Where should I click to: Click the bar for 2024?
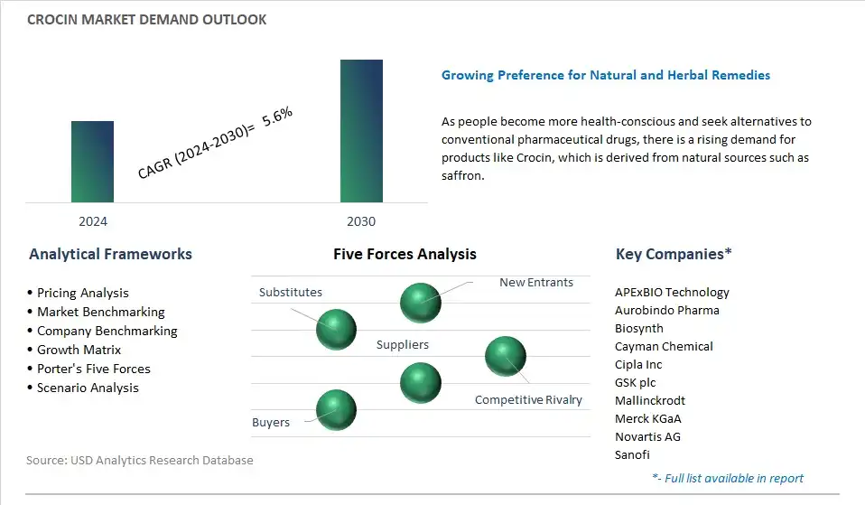[92, 162]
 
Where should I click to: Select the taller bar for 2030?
[361, 131]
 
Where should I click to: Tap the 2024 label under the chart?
[93, 221]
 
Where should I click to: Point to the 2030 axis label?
[361, 221]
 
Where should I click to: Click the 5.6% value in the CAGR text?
[277, 117]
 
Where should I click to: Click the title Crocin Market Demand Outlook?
[147, 20]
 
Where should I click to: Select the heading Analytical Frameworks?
[110, 254]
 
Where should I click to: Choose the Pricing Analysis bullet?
[83, 293]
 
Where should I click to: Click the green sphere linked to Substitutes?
[336, 330]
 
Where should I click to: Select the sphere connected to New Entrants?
[421, 303]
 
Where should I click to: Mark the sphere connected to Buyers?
[336, 410]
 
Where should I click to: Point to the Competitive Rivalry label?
[528, 399]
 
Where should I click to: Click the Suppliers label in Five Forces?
[402, 344]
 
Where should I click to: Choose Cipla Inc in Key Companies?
[638, 364]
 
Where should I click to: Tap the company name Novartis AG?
[647, 436]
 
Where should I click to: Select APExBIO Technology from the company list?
[672, 292]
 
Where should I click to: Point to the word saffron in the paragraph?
[461, 175]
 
